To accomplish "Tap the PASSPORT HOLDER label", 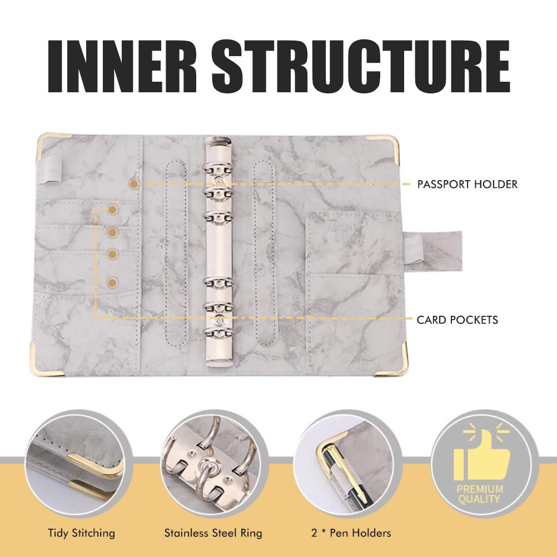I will point(467,184).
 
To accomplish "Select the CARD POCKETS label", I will point(457,320).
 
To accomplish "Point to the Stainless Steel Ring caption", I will point(213,533).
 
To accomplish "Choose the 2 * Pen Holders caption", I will point(351,533).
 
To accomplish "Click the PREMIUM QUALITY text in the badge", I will point(480,494).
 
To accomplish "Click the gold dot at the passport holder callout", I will point(133,182).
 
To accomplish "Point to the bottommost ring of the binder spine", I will point(218,332).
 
